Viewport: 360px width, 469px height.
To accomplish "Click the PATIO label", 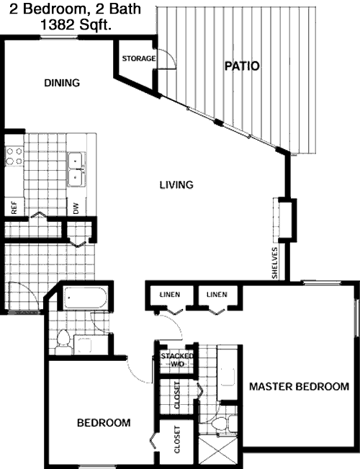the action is [242, 66].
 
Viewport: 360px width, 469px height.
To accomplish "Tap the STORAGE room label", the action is [139, 58].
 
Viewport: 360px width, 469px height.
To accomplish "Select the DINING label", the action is [62, 83].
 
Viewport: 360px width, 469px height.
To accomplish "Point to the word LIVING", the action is [176, 185].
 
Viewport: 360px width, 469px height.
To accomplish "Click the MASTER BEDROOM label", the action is [299, 386].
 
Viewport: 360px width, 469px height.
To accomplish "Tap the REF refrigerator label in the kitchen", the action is [14, 207].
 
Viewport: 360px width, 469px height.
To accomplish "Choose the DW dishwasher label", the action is [76, 208].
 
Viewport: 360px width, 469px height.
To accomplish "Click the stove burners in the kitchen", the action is [14, 156].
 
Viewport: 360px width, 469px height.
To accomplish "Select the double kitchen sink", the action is [76, 169].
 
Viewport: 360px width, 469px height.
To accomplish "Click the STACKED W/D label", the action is [177, 359].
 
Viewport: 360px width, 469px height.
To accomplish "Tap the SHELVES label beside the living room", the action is [275, 263].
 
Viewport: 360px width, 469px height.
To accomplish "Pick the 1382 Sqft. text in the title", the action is [76, 24].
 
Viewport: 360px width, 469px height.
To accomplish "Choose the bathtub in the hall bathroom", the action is [85, 298].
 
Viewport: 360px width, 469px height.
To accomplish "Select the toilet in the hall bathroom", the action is [63, 342].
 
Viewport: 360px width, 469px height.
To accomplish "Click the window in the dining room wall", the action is [59, 37].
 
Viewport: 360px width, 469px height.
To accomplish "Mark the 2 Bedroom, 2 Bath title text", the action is [75, 9].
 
